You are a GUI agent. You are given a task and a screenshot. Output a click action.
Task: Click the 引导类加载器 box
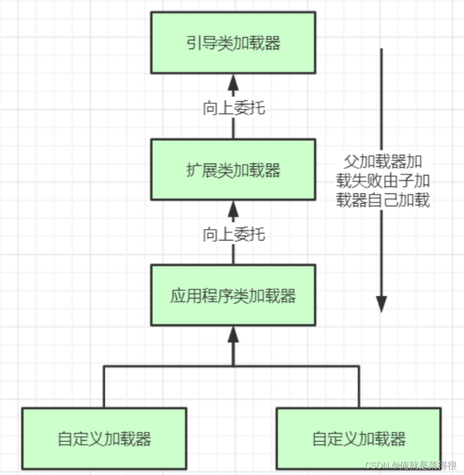[x=233, y=43]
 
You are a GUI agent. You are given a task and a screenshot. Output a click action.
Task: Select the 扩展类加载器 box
[x=233, y=170]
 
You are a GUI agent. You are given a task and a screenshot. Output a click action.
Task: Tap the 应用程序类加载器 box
[x=233, y=296]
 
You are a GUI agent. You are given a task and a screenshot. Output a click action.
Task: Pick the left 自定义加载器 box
[x=104, y=438]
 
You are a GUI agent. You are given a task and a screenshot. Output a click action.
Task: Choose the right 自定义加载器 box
[x=359, y=438]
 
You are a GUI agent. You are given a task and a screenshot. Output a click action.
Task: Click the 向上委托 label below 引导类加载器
[x=233, y=108]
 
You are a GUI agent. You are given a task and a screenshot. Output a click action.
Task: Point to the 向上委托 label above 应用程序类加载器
[x=233, y=235]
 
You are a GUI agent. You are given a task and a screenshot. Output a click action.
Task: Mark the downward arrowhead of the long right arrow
[x=382, y=303]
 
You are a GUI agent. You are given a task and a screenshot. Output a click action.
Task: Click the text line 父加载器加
[x=383, y=162]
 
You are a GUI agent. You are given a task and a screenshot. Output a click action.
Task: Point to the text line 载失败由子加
[x=383, y=181]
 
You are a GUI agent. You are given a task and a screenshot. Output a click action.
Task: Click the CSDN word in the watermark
[x=377, y=465]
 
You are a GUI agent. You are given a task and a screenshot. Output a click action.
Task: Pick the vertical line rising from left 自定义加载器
[x=104, y=387]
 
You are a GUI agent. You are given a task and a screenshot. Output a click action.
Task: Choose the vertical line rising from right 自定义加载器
[x=359, y=387]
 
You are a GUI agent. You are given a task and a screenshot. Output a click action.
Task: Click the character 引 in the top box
[x=193, y=43]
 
